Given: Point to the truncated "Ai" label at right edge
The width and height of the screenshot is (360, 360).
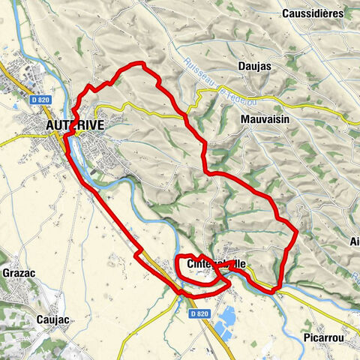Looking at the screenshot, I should [x=354, y=242].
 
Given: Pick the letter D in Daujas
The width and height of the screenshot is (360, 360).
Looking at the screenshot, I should [x=241, y=67].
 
